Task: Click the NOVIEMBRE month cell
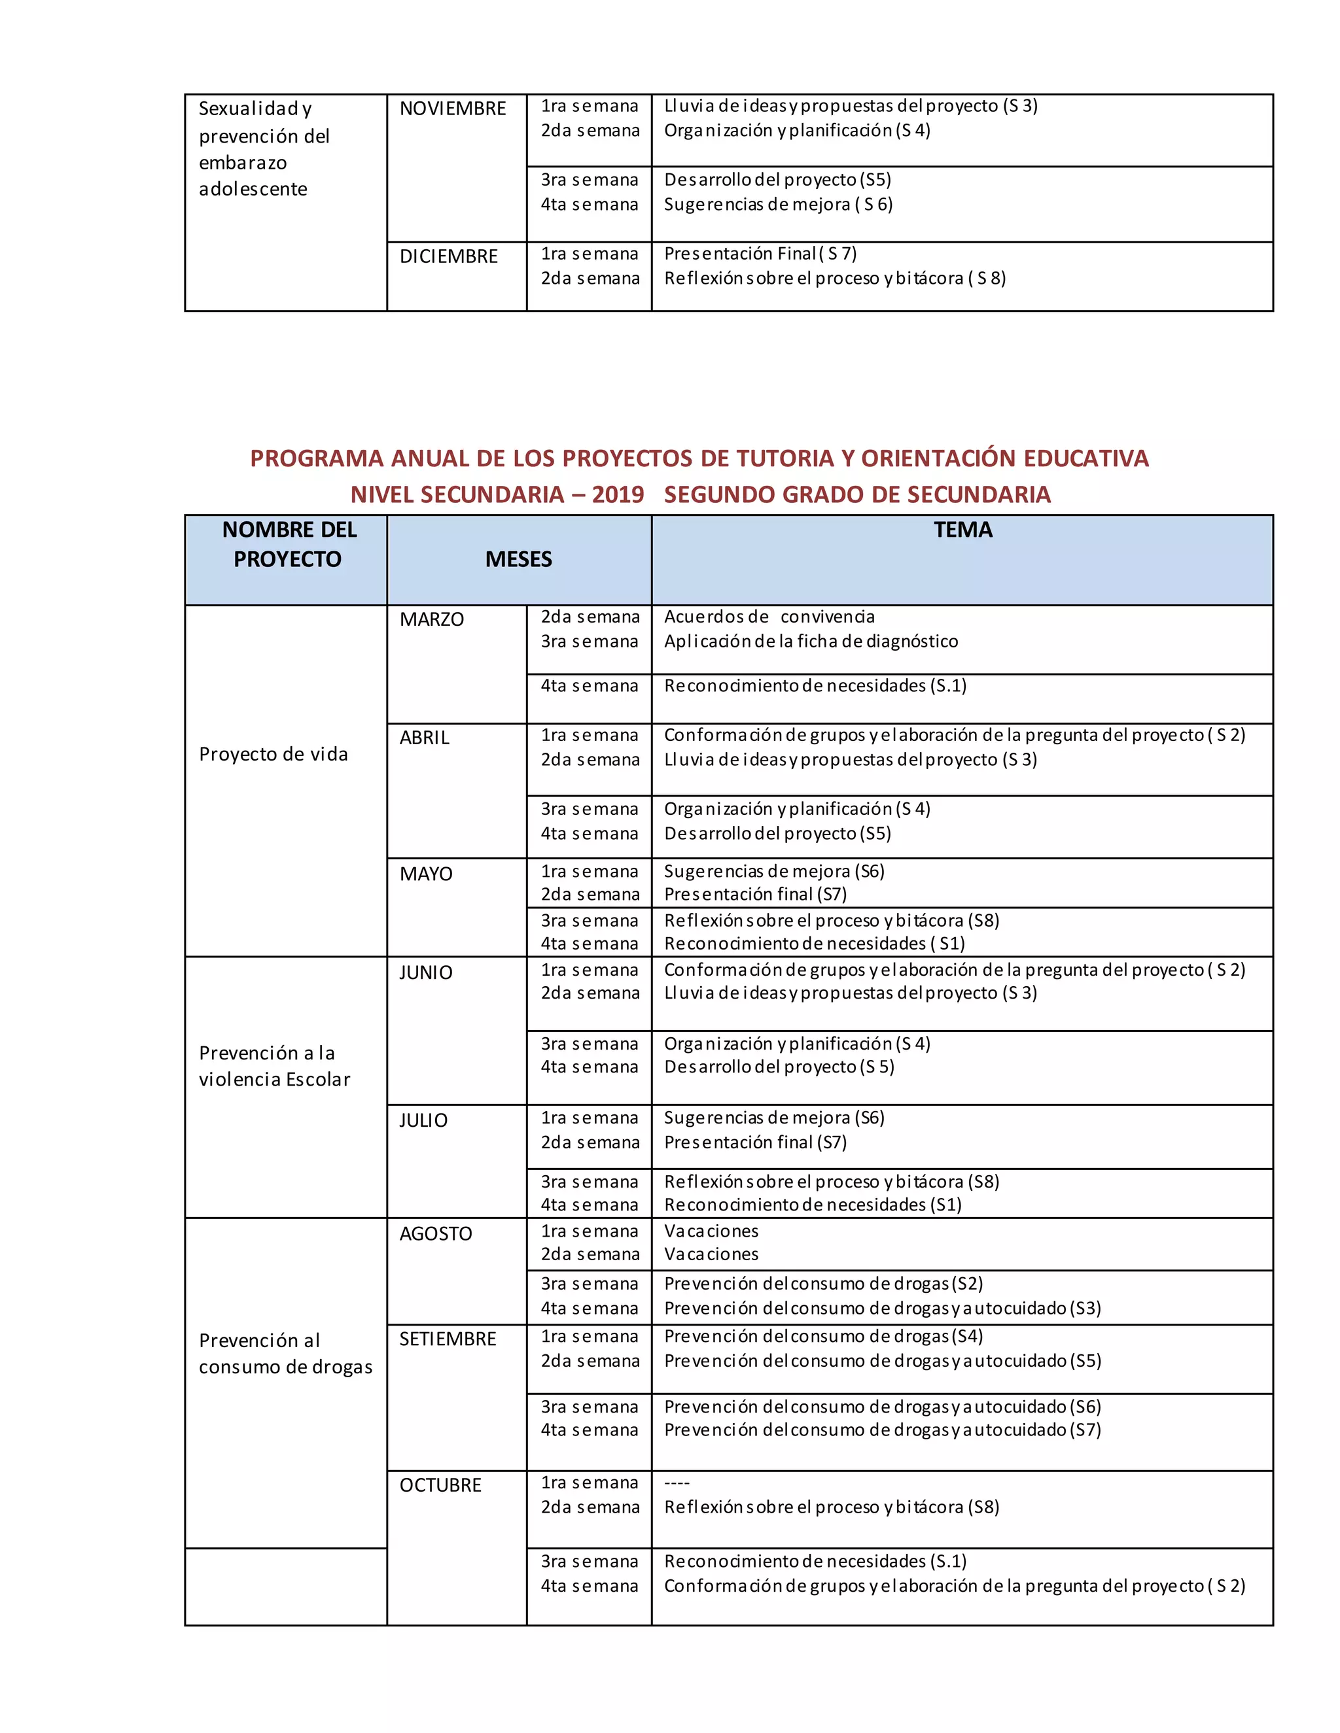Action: [453, 109]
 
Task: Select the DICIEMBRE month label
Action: [448, 256]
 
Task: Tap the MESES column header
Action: [518, 559]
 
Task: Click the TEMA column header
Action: [962, 530]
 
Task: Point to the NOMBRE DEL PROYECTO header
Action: [288, 544]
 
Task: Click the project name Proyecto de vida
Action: [273, 754]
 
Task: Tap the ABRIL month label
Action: [424, 737]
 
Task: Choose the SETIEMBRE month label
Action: [447, 1339]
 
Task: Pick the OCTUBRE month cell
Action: [440, 1484]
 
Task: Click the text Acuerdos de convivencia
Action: [768, 617]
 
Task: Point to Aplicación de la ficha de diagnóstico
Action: [811, 641]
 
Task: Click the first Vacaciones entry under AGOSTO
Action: [711, 1231]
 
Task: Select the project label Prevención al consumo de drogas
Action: [285, 1353]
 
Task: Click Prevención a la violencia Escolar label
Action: [274, 1066]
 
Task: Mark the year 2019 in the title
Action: [618, 494]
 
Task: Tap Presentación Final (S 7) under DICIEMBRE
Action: [760, 254]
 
